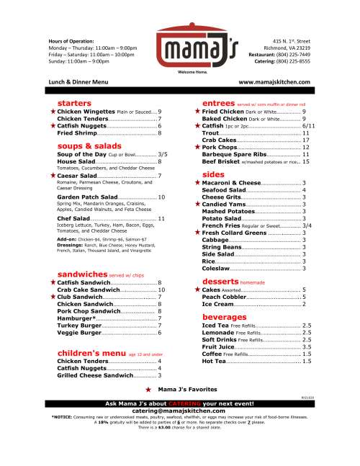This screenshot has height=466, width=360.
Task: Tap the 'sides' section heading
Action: point(213,174)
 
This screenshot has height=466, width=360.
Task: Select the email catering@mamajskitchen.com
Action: point(180,410)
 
